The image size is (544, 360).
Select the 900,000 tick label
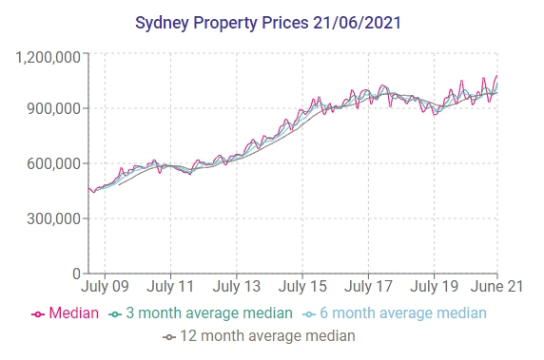pyautogui.click(x=53, y=109)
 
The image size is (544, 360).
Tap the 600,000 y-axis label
pyautogui.click(x=53, y=163)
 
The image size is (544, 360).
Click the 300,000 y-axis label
pyautogui.click(x=53, y=218)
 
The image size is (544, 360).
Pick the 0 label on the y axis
pyautogui.click(x=77, y=274)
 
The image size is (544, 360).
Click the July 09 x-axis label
pyautogui.click(x=106, y=285)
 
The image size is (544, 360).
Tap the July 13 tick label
pyautogui.click(x=237, y=285)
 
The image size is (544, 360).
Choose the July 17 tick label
pyautogui.click(x=368, y=285)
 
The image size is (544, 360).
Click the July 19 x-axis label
pyautogui.click(x=434, y=285)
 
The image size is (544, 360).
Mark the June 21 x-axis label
pyautogui.click(x=497, y=285)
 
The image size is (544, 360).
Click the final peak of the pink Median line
pyautogui.click(x=496, y=76)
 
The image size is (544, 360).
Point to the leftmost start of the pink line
pyautogui.click(x=87, y=188)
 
